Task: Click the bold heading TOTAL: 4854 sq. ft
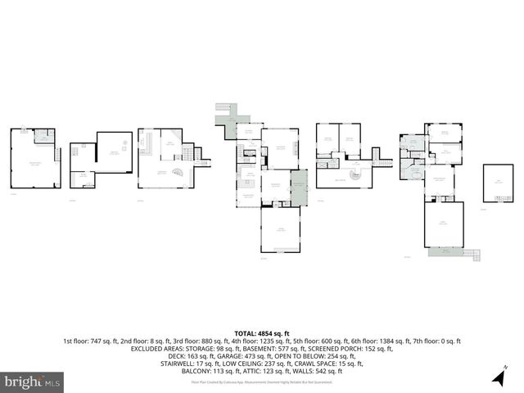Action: (262, 333)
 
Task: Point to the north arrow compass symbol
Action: (499, 376)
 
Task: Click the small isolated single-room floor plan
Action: (498, 182)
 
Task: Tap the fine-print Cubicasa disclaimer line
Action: (262, 382)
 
